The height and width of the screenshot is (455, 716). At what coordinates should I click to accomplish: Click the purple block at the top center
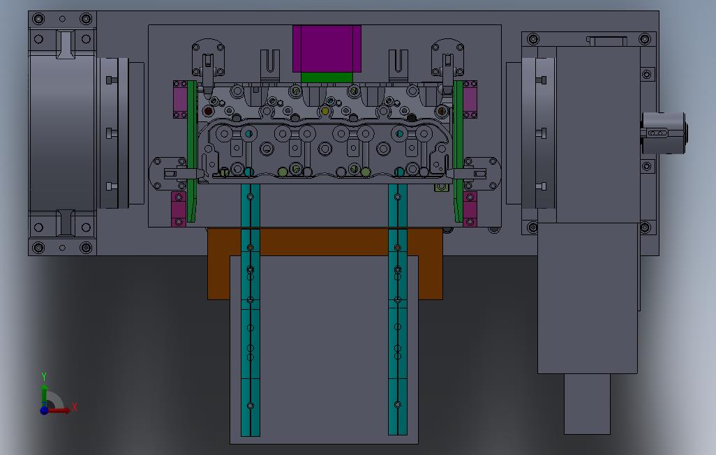(x=327, y=48)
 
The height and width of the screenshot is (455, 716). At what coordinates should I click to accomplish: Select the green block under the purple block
(x=327, y=77)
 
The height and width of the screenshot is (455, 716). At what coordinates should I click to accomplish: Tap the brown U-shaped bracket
(x=325, y=242)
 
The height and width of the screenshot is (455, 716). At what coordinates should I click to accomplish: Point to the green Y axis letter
(x=44, y=377)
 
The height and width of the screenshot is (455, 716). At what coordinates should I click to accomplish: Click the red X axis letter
(x=75, y=407)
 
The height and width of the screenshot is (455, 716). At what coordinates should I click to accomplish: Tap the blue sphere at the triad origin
(x=44, y=410)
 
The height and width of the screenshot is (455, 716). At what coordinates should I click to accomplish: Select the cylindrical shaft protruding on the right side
(x=664, y=133)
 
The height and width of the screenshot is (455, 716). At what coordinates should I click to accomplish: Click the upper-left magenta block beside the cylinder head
(x=180, y=99)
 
